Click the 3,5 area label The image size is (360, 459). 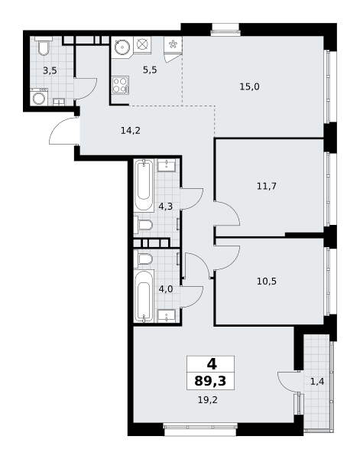click(50, 71)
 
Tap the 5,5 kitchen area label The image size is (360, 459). click(150, 70)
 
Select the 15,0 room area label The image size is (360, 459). click(249, 87)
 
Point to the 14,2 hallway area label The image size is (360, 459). click(131, 131)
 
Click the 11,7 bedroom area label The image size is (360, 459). click(267, 186)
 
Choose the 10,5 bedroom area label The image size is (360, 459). click(267, 282)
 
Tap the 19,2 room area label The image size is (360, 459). click(208, 400)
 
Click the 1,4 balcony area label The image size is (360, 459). click(317, 382)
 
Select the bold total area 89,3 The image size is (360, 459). click(210, 382)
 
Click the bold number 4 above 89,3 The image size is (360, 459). click(212, 365)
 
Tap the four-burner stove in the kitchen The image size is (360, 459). click(120, 85)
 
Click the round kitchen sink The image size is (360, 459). click(122, 46)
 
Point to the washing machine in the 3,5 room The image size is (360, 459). click(39, 97)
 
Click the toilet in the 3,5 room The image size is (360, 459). click(44, 46)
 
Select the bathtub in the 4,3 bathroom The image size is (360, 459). click(144, 185)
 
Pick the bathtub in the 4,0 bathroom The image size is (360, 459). click(144, 296)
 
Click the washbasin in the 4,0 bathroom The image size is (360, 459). click(167, 316)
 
